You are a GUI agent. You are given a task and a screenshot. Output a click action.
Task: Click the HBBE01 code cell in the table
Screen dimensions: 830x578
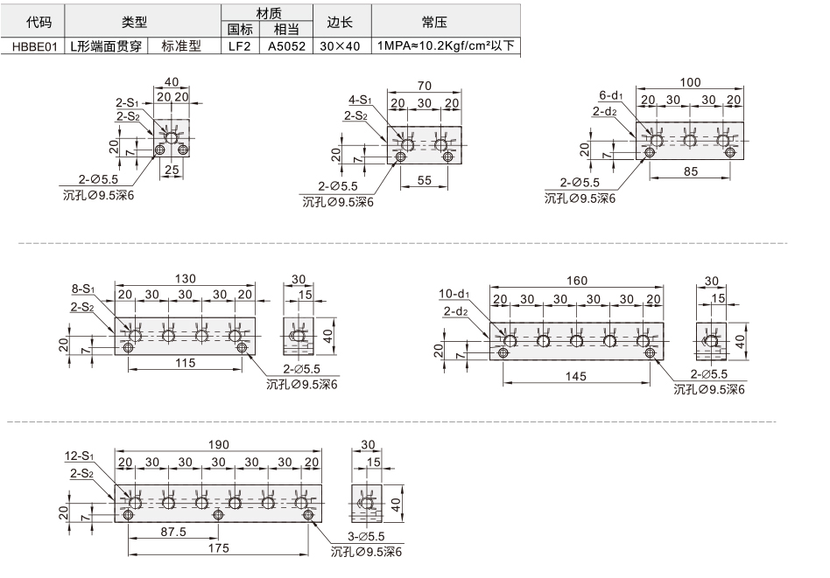point(33,46)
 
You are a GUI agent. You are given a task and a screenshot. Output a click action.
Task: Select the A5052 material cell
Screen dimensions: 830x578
point(286,46)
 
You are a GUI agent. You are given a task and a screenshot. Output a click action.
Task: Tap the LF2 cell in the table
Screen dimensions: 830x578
point(239,46)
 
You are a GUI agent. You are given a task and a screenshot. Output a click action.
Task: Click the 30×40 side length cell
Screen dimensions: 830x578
point(340,46)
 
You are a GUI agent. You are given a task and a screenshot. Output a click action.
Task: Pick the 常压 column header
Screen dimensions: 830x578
point(434,22)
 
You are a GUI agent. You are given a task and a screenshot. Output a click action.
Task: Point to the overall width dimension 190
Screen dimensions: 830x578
point(218,445)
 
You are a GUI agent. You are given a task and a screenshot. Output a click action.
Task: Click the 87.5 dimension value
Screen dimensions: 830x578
point(173,532)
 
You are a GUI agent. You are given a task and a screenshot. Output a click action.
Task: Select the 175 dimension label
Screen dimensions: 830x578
point(218,548)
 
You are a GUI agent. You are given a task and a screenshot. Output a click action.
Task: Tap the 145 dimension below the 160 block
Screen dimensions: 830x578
point(575,376)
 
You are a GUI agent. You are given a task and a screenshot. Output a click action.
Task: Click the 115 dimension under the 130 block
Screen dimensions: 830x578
point(186,363)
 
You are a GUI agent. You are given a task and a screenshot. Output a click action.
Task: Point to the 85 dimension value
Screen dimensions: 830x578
point(691,171)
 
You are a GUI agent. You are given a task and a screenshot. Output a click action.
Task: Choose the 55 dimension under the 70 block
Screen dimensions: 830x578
point(425,180)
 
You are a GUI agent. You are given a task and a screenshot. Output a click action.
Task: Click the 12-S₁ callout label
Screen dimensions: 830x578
point(79,456)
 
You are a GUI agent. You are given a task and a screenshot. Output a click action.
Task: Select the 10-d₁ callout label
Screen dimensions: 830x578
point(454,294)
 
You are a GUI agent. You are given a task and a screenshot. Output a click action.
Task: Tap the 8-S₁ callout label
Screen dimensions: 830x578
point(82,289)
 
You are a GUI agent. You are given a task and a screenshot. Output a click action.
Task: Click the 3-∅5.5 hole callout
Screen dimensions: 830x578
point(366,536)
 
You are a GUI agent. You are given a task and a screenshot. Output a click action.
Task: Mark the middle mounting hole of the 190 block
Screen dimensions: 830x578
point(217,514)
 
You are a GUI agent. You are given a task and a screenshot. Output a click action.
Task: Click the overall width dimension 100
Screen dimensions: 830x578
point(690,82)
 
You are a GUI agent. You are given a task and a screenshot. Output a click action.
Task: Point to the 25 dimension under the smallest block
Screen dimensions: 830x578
point(172,170)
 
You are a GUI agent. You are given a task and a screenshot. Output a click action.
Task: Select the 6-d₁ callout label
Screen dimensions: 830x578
point(611,95)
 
